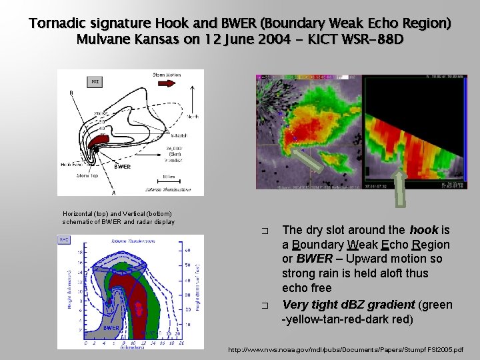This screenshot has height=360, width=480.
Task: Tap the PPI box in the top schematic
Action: [95, 82]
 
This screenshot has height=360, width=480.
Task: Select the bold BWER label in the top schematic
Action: [121, 167]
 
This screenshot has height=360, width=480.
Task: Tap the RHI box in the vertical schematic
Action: [65, 240]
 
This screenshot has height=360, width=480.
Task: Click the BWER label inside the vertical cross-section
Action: [111, 328]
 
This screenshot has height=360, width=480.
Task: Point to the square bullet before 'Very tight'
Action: [265, 305]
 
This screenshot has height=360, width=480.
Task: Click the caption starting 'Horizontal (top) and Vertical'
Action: [118, 217]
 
